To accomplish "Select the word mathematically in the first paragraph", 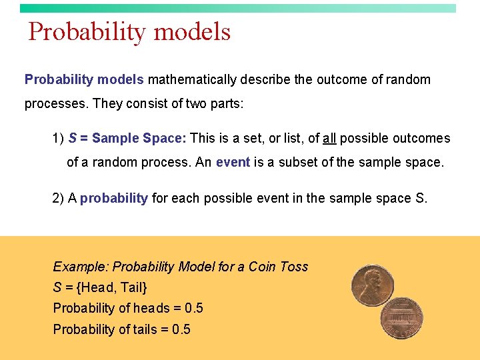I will click(x=192, y=80).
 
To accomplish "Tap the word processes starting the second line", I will click(x=56, y=104).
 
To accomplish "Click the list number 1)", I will click(x=58, y=139).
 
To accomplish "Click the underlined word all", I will click(x=329, y=139).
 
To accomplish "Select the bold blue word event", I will click(x=233, y=162).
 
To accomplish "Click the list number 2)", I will click(x=58, y=198).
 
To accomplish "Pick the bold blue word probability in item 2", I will click(x=114, y=198).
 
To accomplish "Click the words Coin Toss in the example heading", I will click(x=278, y=267).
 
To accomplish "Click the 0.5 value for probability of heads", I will click(x=194, y=308).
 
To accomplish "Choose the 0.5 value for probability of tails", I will click(x=181, y=329).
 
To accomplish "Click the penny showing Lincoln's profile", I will click(x=372, y=285).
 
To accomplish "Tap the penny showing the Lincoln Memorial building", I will click(x=402, y=318).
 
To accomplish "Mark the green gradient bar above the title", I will click(x=238, y=8).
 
